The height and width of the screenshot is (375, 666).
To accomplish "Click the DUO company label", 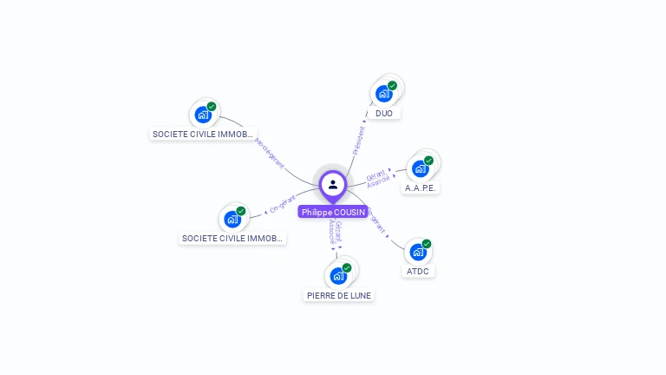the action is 384,113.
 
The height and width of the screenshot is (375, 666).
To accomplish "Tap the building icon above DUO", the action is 383,94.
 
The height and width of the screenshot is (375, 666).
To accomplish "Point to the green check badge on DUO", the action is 392,86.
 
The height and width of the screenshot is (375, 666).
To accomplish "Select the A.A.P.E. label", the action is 421,187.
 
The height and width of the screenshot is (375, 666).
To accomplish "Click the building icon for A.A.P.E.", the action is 420,168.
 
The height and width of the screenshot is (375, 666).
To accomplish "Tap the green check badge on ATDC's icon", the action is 427,244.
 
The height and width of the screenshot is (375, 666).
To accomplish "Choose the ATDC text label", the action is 418,271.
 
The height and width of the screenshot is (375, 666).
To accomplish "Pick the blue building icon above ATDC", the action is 418,253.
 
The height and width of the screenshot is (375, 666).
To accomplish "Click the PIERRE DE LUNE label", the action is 339,295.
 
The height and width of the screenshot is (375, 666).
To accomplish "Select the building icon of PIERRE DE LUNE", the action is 338,276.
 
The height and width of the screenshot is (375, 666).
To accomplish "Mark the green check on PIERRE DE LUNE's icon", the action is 347,267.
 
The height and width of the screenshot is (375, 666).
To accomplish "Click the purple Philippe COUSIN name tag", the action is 333,212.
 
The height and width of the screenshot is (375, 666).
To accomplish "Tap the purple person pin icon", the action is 333,184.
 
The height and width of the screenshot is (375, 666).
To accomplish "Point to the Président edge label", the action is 358,140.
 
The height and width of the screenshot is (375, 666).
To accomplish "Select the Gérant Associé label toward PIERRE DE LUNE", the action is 335,233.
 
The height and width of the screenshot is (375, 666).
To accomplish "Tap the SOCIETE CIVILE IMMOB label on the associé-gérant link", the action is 203,135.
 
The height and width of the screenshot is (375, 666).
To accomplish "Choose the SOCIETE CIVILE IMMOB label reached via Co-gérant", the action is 232,238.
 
